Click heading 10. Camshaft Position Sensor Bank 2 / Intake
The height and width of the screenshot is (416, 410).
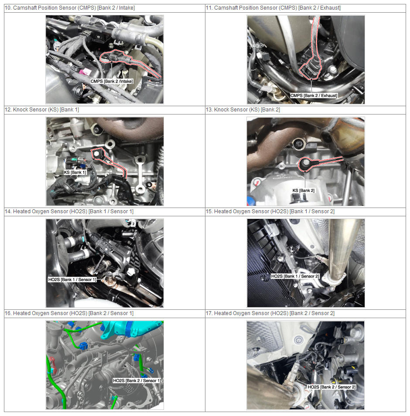coord(70,8)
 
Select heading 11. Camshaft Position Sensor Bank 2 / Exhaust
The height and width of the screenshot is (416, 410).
coord(273,8)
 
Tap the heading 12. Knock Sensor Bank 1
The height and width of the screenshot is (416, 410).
coord(42,110)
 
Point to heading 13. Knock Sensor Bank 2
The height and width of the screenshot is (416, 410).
coord(243,110)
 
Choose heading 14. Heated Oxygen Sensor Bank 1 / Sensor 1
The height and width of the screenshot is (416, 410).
coord(69,211)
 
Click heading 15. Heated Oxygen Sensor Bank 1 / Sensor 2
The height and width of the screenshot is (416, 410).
coord(270,211)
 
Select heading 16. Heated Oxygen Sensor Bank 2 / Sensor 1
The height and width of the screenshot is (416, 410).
coord(69,313)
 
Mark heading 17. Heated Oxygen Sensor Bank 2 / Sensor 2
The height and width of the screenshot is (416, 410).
coord(270,313)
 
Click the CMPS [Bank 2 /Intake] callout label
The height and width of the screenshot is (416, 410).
coord(112,81)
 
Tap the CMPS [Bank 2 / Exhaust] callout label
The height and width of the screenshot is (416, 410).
coord(314,96)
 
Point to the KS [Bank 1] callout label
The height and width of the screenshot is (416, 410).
coord(75,173)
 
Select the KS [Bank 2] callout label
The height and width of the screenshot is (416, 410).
coord(304,191)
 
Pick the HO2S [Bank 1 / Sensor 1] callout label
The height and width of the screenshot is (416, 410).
coord(72,280)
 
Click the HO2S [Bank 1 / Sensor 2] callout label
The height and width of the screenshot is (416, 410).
coord(295,276)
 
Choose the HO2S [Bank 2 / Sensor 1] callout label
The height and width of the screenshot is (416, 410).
coord(137,381)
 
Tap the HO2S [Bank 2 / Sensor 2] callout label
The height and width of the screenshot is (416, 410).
coord(331,387)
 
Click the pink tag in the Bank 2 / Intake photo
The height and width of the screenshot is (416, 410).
coord(85,72)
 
